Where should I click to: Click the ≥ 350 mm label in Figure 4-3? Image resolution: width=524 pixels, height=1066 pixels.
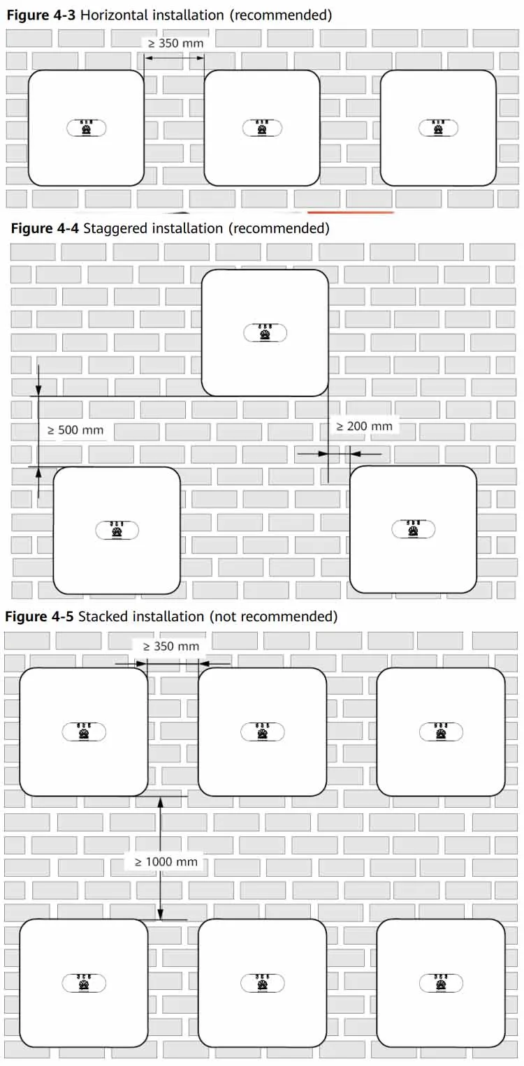[x=176, y=43]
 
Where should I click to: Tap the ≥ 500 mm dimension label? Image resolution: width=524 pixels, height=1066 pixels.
[x=75, y=430]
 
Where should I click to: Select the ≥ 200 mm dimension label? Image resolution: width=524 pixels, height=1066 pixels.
[x=365, y=427]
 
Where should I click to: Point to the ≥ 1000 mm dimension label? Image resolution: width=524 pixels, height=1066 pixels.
[x=166, y=862]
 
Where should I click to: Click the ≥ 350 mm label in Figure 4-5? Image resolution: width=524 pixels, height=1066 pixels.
[x=171, y=646]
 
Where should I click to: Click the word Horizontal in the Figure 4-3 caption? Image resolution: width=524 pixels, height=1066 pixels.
[x=114, y=15]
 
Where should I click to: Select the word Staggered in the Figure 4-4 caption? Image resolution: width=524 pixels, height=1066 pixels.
[x=115, y=228]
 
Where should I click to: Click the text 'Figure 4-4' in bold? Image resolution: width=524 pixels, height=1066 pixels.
[x=45, y=228]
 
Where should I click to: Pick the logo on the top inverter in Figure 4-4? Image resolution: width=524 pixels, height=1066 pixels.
[x=265, y=333]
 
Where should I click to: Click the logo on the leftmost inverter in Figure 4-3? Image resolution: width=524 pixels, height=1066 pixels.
[x=86, y=128]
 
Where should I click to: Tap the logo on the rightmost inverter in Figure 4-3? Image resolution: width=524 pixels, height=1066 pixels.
[x=438, y=128]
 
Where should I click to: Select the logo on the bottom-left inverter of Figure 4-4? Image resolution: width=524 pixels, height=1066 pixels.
[x=117, y=530]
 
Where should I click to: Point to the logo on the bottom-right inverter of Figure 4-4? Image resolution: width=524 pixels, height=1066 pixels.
[x=414, y=529]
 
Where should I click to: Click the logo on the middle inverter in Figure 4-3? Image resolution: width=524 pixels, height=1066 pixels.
[x=263, y=128]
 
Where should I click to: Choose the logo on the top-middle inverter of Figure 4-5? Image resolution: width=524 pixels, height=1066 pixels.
[x=263, y=732]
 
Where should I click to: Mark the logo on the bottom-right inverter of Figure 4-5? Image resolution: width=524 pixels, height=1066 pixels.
[x=441, y=983]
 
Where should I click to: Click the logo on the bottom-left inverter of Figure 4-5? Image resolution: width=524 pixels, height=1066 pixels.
[x=84, y=983]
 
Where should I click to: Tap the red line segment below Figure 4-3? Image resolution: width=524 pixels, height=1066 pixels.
[x=351, y=212]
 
